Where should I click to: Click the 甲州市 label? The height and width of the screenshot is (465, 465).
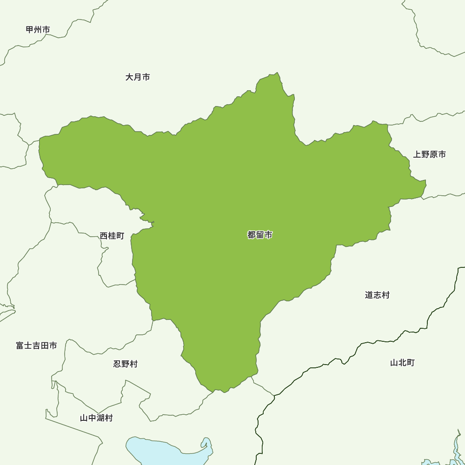[x=38, y=30]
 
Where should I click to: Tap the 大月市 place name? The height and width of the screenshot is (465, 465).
[x=138, y=77]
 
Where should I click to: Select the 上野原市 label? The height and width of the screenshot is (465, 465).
[x=429, y=154]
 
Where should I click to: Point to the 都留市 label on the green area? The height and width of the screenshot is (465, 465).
[x=260, y=235]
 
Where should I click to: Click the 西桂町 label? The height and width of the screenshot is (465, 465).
[x=112, y=236]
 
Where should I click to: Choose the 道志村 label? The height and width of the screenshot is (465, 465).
[x=377, y=295]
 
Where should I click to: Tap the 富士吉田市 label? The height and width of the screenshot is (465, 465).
[x=36, y=345]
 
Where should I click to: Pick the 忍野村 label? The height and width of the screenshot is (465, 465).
[x=126, y=364]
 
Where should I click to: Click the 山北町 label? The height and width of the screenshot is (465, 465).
[x=402, y=363]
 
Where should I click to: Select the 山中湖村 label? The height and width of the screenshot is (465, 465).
[x=96, y=418]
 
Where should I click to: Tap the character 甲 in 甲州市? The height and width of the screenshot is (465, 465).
[x=30, y=30]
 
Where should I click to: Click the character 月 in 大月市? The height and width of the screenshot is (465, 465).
[x=138, y=77]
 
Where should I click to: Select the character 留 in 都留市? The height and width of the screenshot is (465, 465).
[x=260, y=235]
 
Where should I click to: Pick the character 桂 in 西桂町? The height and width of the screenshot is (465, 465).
[x=112, y=236]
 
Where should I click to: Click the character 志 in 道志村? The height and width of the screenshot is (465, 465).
[x=377, y=295]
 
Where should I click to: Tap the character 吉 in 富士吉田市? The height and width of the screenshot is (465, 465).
[x=36, y=345]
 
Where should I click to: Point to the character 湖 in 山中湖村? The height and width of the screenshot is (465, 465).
[x=100, y=418]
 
